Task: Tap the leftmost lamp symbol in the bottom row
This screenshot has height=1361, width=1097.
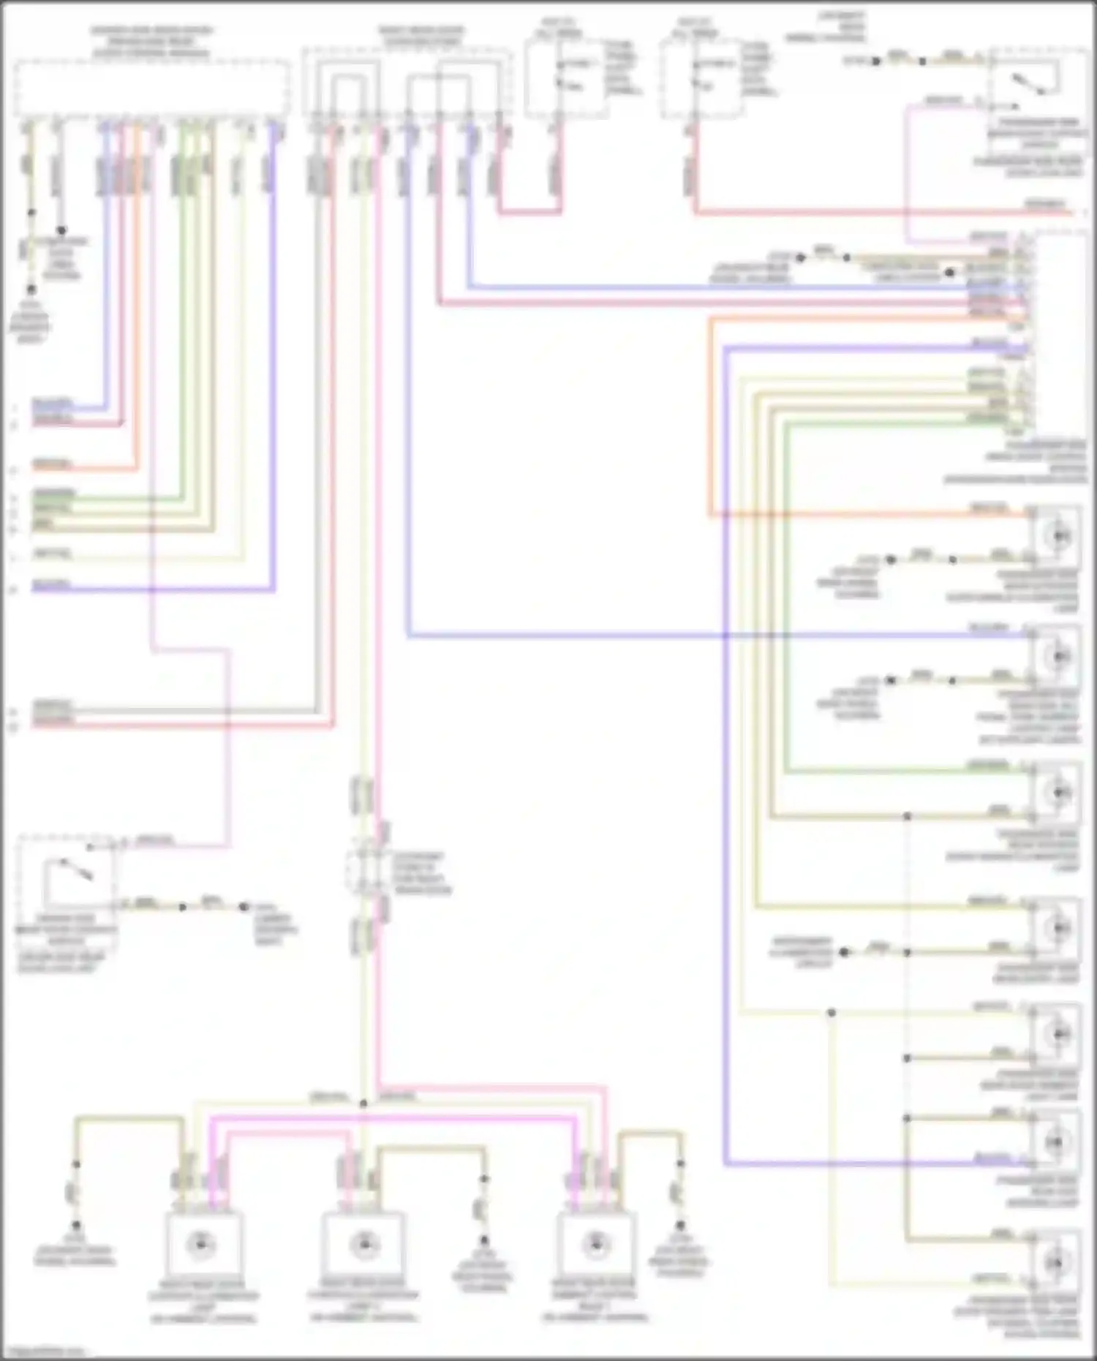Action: pos(200,1244)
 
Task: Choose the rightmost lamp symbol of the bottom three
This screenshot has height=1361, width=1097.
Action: pos(596,1244)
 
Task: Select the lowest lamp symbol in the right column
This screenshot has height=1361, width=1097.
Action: pos(1057,1263)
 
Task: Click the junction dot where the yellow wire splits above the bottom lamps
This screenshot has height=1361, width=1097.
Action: pos(363,1103)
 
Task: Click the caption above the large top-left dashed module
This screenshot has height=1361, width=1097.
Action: pos(151,42)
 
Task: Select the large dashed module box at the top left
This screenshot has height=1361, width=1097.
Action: pos(151,88)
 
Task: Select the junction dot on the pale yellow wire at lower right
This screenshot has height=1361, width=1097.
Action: pos(832,1013)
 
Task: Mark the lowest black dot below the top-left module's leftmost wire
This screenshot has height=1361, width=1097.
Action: pos(31,290)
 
